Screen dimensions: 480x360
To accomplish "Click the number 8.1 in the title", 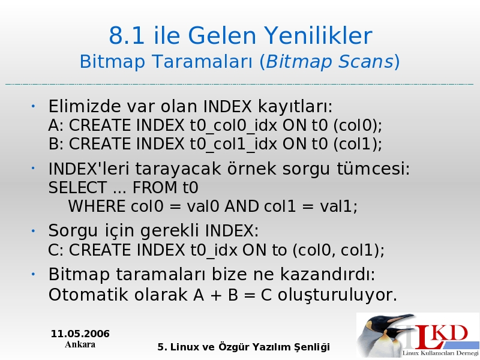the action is pos(127,35).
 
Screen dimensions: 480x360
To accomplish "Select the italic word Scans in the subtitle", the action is pos(366,61).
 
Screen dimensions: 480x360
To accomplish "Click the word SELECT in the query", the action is pos(77,187).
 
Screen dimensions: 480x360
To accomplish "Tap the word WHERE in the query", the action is pos(97,206).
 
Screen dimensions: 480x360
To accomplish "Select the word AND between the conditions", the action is pos(242,206).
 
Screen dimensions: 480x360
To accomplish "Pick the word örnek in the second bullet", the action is pos(251,169).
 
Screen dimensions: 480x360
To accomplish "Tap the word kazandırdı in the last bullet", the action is pos(328,274).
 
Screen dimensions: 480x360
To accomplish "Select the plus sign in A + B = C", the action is pos(216,296).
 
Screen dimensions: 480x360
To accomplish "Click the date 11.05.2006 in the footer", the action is pos(80,334).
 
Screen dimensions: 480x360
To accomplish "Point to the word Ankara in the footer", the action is pos(80,344).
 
